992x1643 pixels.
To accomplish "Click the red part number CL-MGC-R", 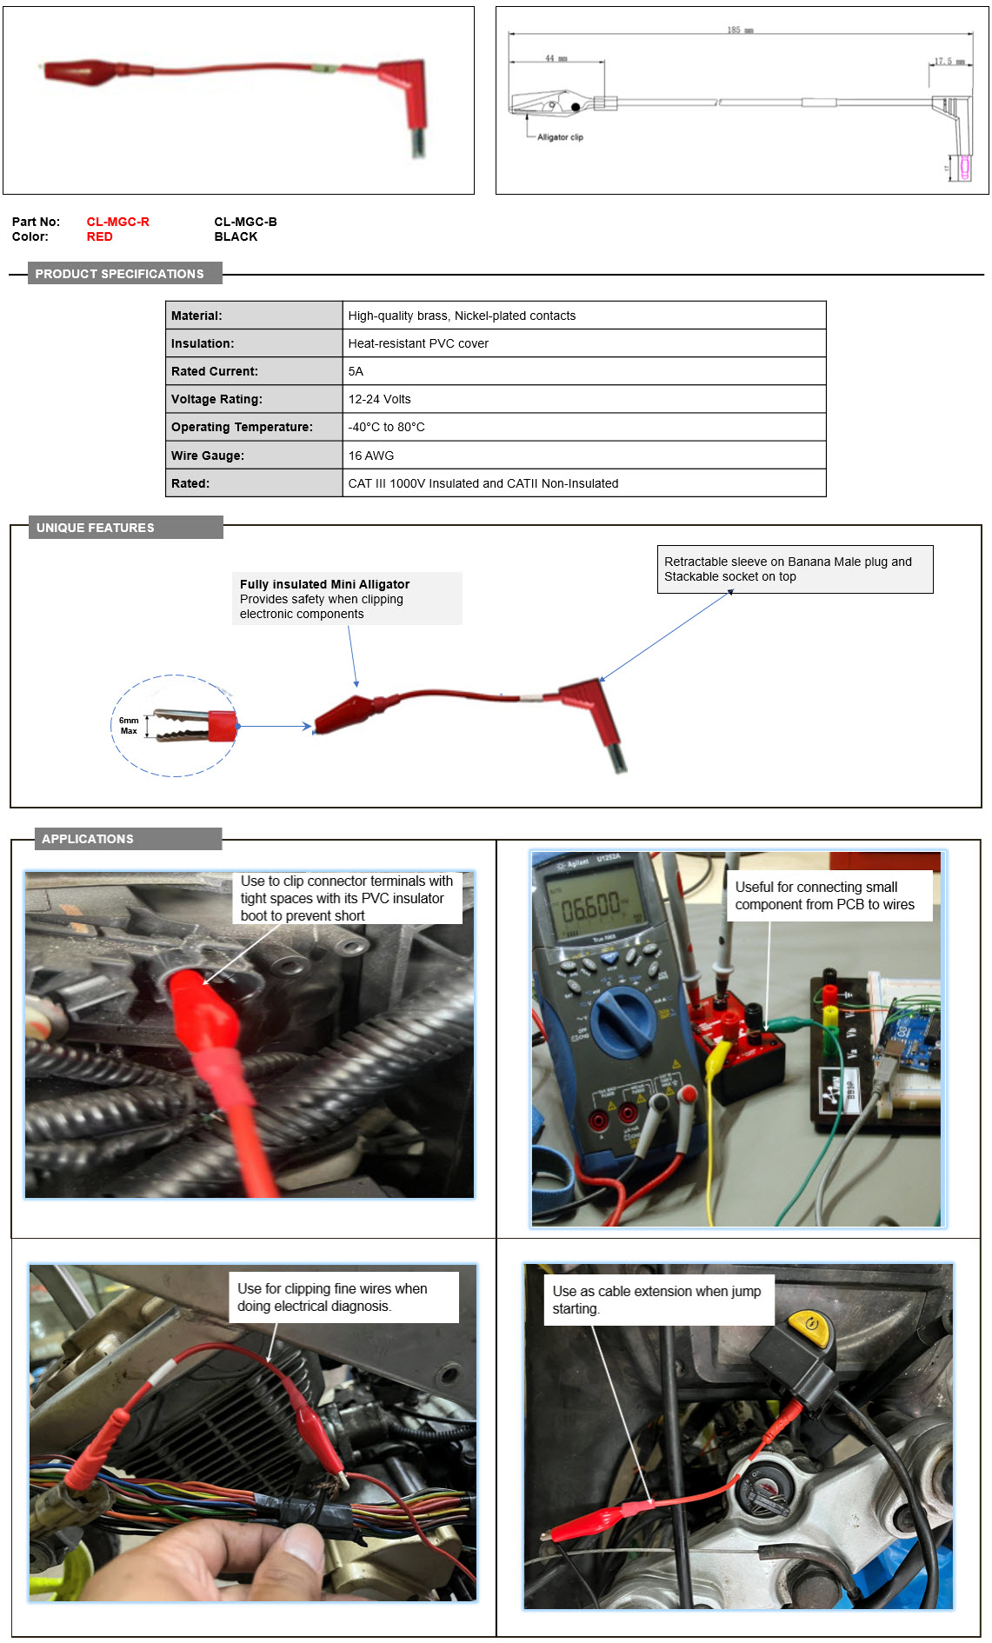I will point(117,222).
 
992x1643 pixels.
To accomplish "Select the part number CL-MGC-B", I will point(245,222).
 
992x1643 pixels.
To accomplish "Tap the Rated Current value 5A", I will point(356,371).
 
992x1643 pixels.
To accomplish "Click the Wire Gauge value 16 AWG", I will point(370,456).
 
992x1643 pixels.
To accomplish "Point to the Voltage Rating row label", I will point(216,399).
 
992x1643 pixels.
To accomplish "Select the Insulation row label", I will point(203,343).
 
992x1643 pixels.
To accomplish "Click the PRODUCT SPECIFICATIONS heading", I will point(120,274).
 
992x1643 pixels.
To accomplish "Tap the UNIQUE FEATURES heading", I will point(96,528).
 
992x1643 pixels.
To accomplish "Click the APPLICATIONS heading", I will point(88,839).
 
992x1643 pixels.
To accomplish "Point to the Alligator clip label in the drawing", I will point(560,137).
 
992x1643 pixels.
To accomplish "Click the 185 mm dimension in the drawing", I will point(740,30).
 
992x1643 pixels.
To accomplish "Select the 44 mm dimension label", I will point(556,58).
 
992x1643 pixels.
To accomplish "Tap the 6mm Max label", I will point(129,726).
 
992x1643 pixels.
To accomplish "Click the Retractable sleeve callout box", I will point(794,569).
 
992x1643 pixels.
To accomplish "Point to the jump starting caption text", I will point(656,1300).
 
